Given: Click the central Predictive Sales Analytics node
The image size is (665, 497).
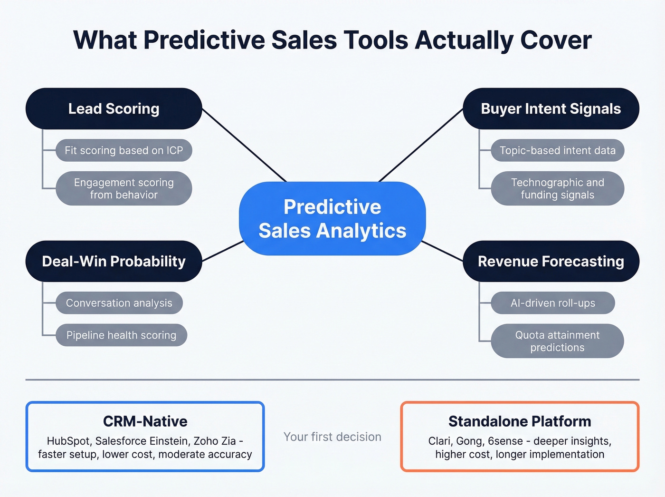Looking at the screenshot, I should [x=332, y=219].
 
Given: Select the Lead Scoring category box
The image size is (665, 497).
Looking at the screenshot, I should [x=114, y=108].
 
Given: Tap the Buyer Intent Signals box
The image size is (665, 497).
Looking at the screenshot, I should [x=551, y=108].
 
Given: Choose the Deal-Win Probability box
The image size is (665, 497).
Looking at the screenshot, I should [x=114, y=261].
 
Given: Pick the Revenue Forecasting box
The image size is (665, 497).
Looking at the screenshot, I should [x=551, y=261].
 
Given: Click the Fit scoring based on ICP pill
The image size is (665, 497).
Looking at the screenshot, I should [x=123, y=150].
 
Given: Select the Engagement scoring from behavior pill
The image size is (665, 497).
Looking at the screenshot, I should [x=123, y=188].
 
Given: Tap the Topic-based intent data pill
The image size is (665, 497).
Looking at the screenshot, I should [x=557, y=150].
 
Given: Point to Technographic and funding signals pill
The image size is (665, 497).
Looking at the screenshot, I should [x=557, y=188].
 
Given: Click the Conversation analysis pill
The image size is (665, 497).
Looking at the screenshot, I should [x=119, y=303].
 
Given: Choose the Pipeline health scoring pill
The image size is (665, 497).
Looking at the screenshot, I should [x=121, y=335].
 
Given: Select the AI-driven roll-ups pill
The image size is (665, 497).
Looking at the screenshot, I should [x=552, y=303].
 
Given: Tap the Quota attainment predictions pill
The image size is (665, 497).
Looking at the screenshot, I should [x=557, y=341].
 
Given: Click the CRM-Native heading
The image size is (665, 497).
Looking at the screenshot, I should [x=145, y=421].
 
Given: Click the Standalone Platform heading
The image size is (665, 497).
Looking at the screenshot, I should [x=520, y=421].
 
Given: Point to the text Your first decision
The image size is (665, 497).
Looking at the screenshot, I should [x=332, y=437].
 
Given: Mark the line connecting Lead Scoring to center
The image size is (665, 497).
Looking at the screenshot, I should [x=245, y=146].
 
